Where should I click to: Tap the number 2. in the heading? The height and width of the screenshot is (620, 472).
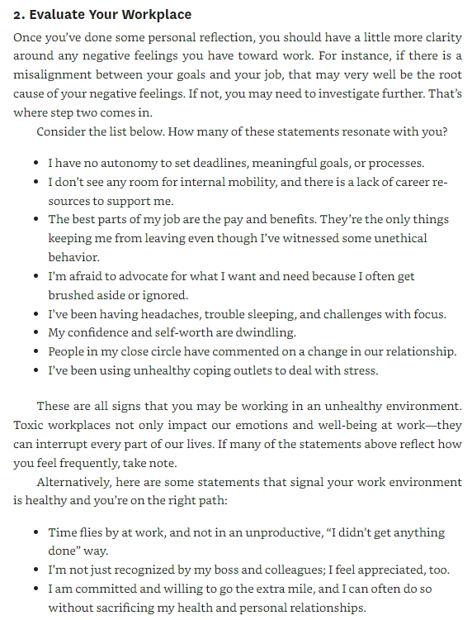point(18,14)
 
